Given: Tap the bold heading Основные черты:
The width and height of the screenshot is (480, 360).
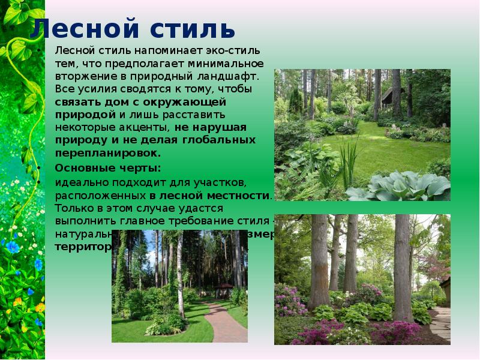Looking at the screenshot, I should [x=107, y=167].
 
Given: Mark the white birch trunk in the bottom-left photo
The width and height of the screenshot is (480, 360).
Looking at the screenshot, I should [x=179, y=276].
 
